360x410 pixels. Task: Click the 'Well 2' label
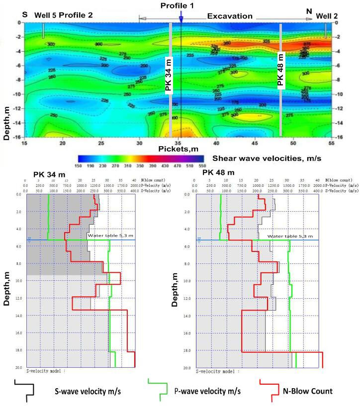click(327, 16)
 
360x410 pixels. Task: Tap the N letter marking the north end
click(309, 10)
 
